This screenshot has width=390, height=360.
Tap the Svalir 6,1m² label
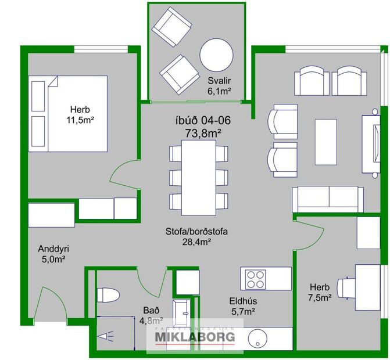point(220,86)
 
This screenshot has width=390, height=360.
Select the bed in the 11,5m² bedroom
point(69,114)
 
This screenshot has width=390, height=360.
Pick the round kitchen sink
point(258,340)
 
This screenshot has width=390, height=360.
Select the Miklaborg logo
point(194,337)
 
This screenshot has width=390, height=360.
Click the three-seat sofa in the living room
point(328,200)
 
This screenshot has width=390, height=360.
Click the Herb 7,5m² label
point(320,293)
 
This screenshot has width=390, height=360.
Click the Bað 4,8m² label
point(152,314)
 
